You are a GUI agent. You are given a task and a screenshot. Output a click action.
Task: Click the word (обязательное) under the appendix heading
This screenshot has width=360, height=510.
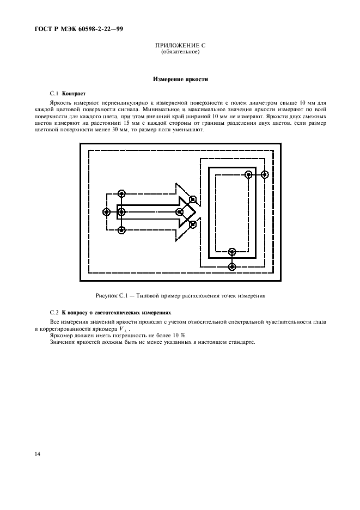click(180, 52)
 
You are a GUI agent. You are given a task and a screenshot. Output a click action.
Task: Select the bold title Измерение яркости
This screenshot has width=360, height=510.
click(180, 80)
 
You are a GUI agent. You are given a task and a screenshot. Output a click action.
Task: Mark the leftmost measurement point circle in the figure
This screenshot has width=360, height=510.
click(107, 211)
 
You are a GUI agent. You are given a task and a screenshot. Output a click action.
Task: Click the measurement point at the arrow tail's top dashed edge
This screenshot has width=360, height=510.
click(121, 193)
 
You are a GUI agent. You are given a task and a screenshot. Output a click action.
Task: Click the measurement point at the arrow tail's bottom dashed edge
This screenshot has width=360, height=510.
click(121, 230)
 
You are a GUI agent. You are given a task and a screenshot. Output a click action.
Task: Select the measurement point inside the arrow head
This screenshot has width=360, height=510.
click(179, 211)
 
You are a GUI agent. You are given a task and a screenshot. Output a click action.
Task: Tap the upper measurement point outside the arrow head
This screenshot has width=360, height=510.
click(193, 199)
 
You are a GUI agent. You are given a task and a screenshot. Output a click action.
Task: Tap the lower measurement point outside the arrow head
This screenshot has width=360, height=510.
click(193, 223)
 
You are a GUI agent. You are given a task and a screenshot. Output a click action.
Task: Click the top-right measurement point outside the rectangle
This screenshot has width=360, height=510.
click(265, 175)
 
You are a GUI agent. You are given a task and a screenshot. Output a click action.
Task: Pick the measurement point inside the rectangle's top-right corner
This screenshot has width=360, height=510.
click(248, 175)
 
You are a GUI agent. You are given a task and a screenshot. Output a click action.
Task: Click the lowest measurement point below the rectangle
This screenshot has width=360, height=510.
click(232, 266)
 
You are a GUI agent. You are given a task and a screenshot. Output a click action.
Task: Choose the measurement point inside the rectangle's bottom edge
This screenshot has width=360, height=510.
click(232, 252)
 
